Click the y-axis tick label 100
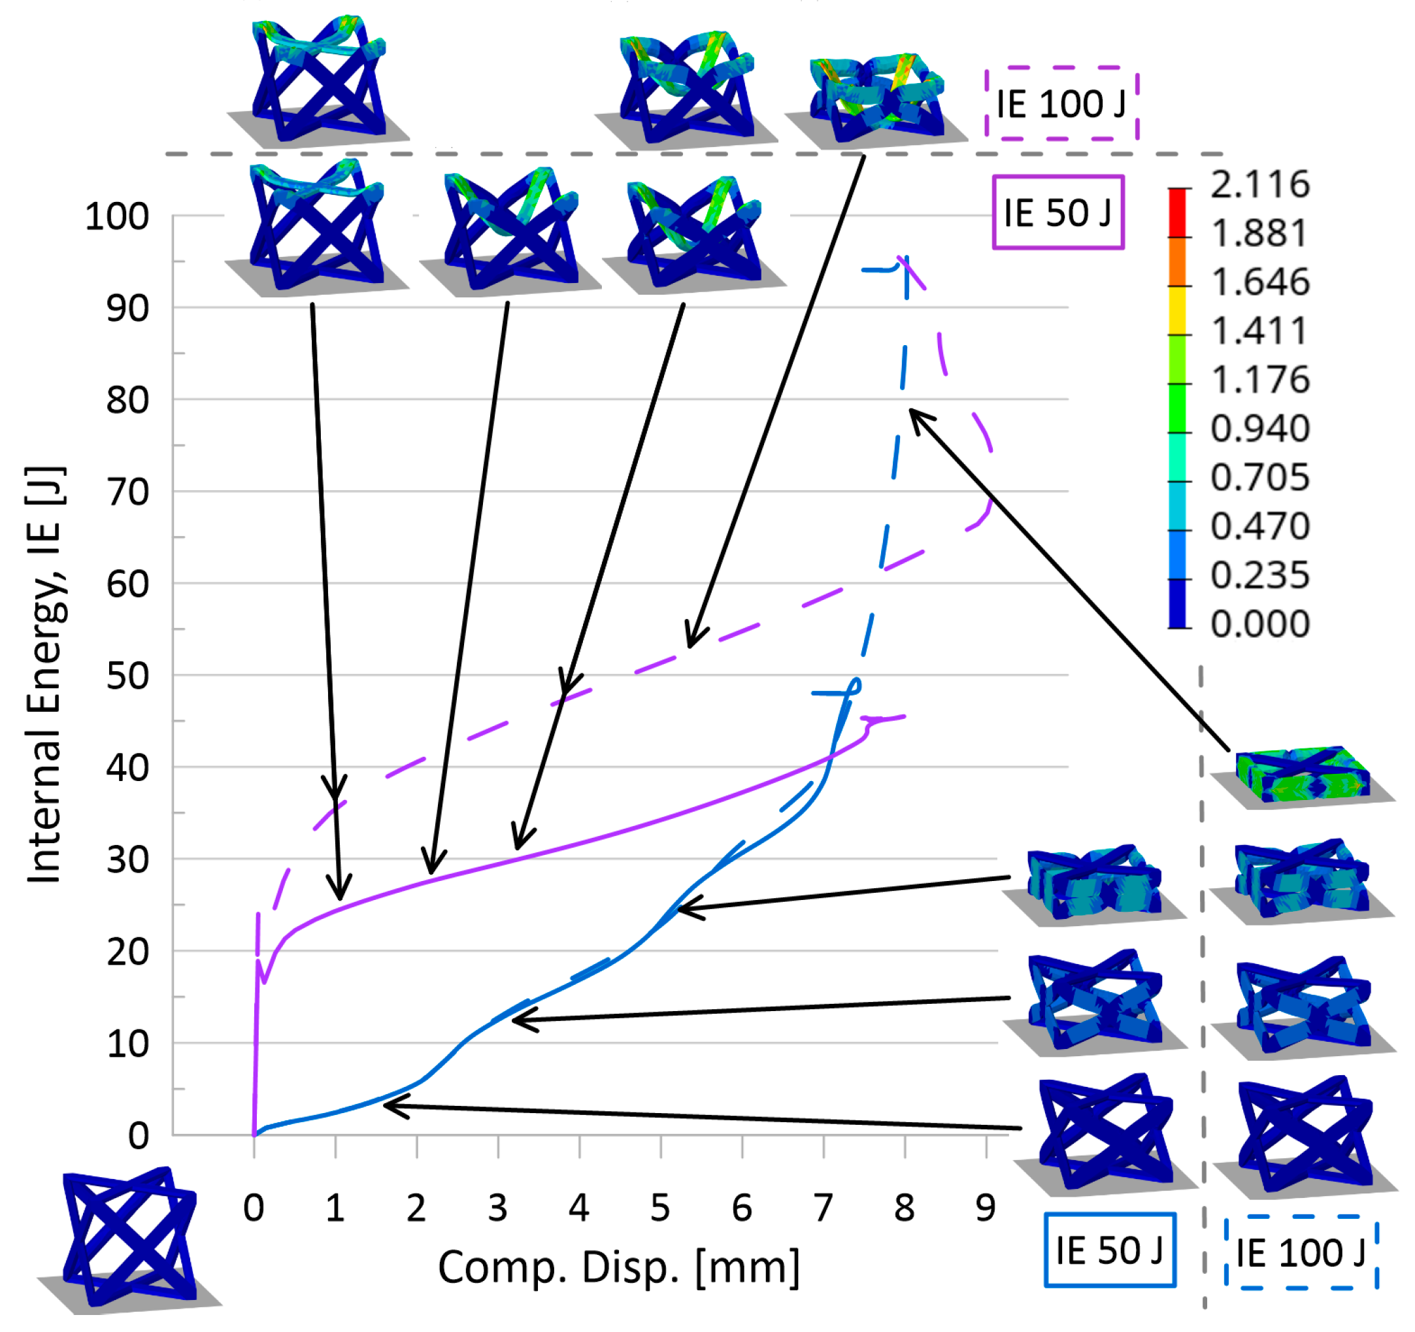(117, 216)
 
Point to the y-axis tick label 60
(127, 584)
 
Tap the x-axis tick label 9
(985, 1207)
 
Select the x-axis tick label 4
(578, 1207)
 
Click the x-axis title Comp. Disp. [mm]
(618, 1268)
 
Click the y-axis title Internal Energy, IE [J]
(45, 674)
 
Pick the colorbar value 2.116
(1260, 184)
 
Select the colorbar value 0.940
(1260, 429)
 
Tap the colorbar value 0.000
(1260, 624)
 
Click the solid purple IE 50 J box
(1057, 212)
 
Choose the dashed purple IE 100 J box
(1061, 103)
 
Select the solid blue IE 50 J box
(1109, 1250)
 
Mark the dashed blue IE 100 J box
(1301, 1252)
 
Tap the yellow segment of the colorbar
(1178, 310)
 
